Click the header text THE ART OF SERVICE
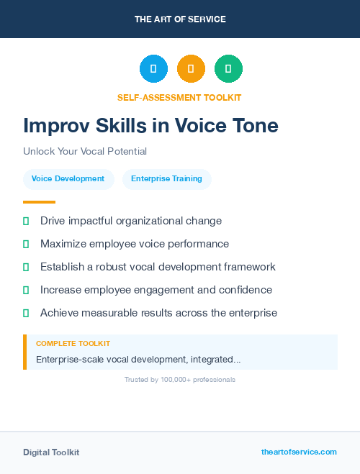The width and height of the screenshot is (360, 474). coord(180,19)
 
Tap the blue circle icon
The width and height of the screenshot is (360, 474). coord(153,69)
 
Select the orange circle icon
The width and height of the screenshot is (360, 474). coord(191,69)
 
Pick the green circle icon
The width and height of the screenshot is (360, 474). coord(228,69)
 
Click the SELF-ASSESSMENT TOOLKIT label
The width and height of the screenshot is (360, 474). coord(179,97)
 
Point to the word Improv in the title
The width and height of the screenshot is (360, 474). coord(55,126)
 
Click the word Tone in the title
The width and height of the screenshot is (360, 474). coord(253,126)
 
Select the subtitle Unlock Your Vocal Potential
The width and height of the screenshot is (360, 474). coord(85,152)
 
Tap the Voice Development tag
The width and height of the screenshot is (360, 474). coord(68,178)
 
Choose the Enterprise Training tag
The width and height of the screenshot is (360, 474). coord(166,178)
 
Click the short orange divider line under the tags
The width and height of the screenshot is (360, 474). coord(39,202)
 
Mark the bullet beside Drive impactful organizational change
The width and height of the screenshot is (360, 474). coord(26,221)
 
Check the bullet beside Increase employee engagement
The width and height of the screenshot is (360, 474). coord(26,290)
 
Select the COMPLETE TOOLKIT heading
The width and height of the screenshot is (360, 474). coord(73,344)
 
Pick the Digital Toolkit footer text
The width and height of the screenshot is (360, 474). coord(51,452)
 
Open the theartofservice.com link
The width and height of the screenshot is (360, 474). coord(299,452)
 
